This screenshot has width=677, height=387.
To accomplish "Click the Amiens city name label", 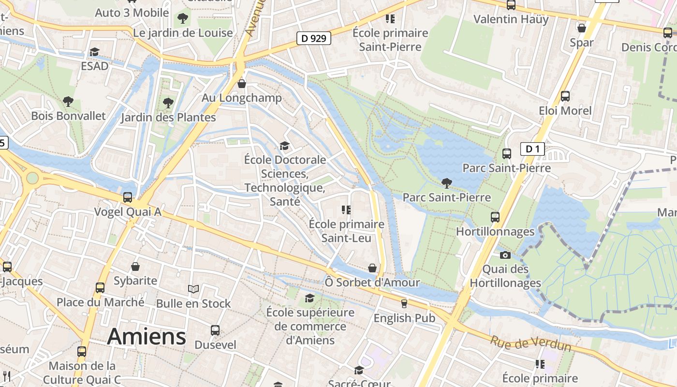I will [147, 336].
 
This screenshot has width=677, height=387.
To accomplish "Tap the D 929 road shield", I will [313, 38].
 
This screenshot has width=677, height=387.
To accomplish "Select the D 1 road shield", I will [532, 149].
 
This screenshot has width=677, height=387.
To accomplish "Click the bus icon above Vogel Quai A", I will [128, 197].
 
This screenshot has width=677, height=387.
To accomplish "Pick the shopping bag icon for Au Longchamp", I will [242, 84].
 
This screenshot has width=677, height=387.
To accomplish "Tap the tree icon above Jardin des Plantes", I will [168, 103].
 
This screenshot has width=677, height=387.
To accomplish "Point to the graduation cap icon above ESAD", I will [95, 52].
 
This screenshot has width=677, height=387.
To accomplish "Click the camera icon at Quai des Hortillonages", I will [505, 255].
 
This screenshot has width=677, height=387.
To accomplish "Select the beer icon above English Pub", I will [404, 304].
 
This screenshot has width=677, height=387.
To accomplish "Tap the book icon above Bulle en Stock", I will [193, 289].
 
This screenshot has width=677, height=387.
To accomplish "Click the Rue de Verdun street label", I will [530, 344].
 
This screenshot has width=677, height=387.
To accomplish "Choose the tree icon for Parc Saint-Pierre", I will [447, 183].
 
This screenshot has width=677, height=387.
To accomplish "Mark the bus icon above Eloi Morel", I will [565, 96].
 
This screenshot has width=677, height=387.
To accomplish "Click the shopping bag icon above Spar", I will [582, 28].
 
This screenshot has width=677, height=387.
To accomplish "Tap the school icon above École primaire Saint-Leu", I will [346, 209].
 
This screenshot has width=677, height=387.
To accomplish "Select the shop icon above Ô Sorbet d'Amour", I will [372, 268].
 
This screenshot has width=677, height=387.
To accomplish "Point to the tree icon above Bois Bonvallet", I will [68, 102].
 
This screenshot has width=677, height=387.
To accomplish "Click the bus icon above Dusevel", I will [215, 330].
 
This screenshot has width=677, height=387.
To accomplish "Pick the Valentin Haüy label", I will [511, 19].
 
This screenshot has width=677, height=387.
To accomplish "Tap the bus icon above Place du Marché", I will [100, 288].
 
